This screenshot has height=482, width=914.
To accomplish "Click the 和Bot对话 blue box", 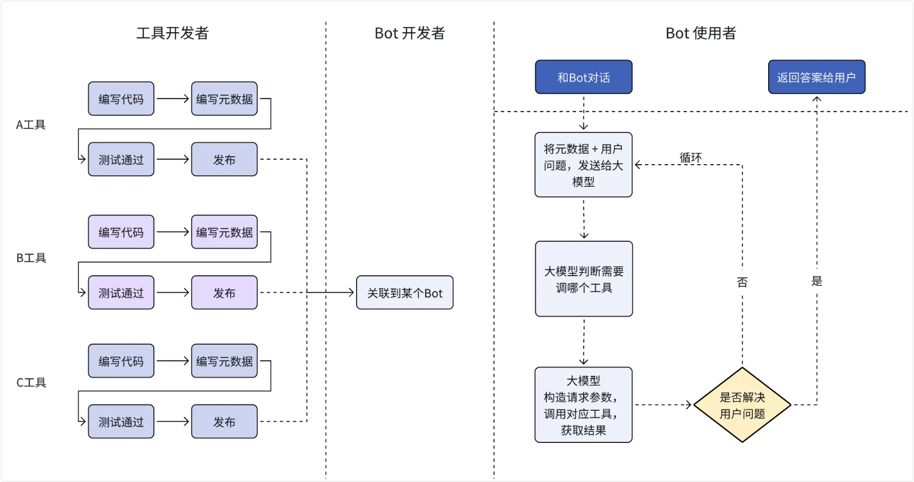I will [583, 77].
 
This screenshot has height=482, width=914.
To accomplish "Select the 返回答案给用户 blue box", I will [816, 77].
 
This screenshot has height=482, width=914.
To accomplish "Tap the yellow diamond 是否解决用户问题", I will [742, 405].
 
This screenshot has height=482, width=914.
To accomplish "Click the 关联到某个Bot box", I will [405, 292].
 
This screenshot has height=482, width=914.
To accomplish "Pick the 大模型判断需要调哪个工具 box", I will [583, 279].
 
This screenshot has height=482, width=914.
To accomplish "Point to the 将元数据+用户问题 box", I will [583, 165].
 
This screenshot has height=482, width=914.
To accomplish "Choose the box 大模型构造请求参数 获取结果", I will [583, 405].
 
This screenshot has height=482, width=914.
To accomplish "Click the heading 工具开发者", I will [172, 33].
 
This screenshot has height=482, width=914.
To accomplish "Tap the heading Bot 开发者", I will [409, 33].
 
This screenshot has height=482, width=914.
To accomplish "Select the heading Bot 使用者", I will [701, 33].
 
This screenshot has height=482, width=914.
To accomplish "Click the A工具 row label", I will [31, 125].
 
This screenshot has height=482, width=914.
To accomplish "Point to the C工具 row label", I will [31, 382].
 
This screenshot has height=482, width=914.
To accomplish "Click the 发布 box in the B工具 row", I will [224, 292].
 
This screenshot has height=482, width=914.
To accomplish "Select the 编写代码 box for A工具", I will [121, 99].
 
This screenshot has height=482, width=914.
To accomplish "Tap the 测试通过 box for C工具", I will [121, 422].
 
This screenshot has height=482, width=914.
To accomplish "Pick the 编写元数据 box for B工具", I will [224, 232].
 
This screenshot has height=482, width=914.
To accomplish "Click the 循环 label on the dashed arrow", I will [690, 157].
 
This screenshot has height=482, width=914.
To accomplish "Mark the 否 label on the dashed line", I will [742, 282].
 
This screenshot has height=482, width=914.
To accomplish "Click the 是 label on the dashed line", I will [816, 281].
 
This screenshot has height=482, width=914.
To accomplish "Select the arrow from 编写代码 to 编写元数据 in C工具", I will [173, 361].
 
